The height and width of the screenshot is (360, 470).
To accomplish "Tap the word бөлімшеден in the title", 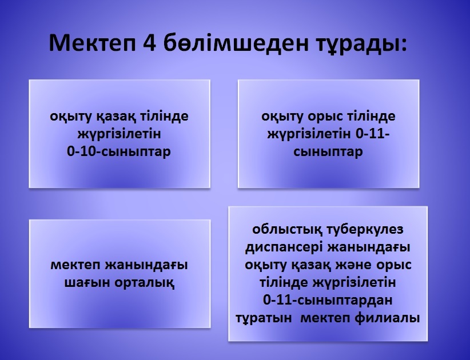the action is [236, 43].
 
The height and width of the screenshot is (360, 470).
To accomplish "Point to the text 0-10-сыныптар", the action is [119, 151].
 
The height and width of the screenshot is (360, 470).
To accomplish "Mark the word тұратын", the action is [264, 318].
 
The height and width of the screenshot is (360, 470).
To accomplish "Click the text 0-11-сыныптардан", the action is [328, 300].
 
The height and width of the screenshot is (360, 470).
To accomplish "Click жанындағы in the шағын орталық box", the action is [146, 265].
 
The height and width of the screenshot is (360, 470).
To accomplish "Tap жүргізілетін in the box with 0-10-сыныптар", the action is [120, 134].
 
